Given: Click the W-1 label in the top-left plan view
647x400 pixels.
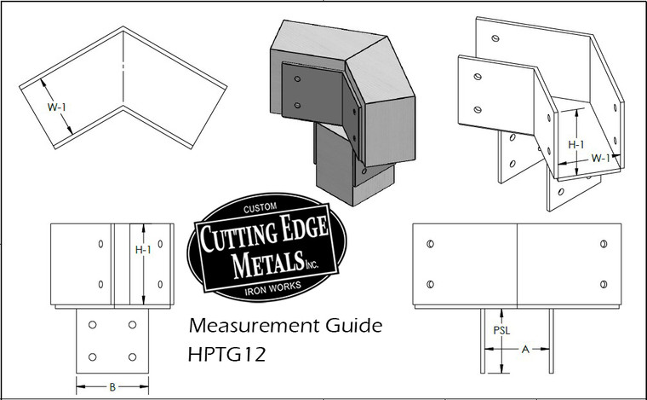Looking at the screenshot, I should coord(56,107).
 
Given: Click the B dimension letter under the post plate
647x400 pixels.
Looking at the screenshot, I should coord(112,386).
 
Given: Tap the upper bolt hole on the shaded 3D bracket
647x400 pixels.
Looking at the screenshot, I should coord(297,83).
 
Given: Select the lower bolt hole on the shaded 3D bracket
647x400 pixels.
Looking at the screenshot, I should coord(297,106).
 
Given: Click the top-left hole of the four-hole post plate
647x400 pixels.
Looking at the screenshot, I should coord(94,326).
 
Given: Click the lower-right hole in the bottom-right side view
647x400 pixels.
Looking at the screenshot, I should coord(603,284).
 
